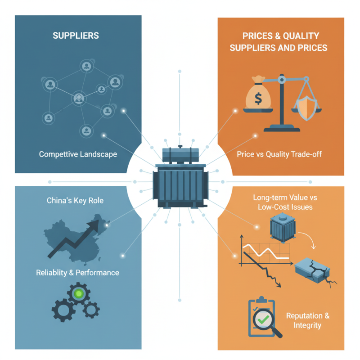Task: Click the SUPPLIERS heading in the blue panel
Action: (x=76, y=36)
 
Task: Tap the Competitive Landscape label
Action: (x=78, y=154)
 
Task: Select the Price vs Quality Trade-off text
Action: (x=279, y=154)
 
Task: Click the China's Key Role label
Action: (x=75, y=200)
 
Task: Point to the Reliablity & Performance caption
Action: (x=77, y=273)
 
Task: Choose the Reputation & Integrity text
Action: (x=308, y=320)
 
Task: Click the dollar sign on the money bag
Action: (x=258, y=98)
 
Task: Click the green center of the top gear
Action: (x=78, y=293)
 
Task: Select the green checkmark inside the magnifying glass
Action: (x=263, y=319)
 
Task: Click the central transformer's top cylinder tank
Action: (x=180, y=155)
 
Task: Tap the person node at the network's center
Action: (x=79, y=98)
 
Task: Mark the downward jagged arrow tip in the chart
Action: (x=279, y=285)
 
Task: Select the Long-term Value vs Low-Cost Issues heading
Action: (x=285, y=202)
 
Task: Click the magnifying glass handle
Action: (x=276, y=332)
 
